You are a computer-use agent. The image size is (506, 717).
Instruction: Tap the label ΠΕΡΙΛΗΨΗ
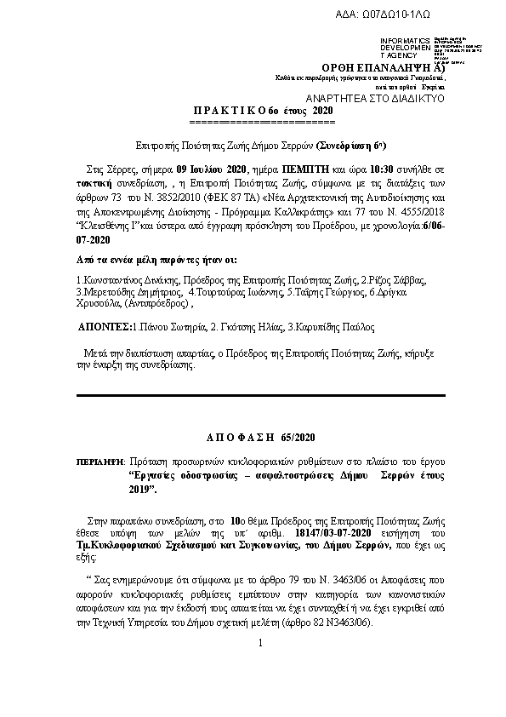click(x=99, y=461)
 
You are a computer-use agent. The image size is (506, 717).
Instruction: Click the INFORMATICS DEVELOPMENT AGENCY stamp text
click(x=406, y=48)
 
